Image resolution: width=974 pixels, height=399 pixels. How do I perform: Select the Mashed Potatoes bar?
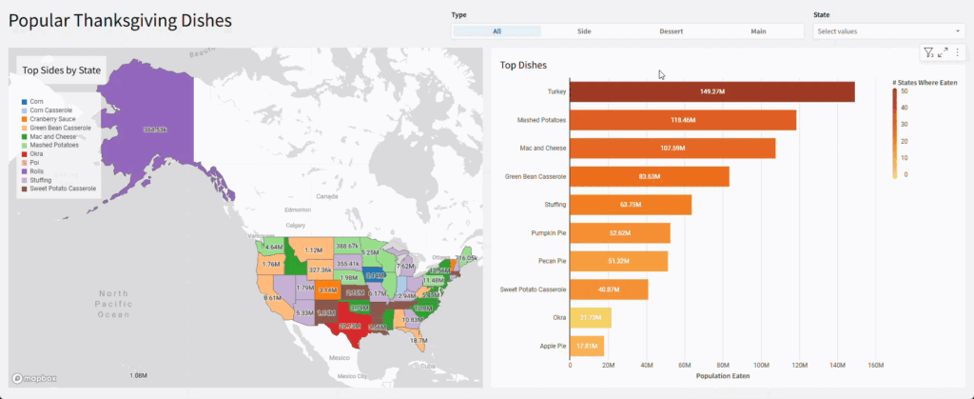point(682,120)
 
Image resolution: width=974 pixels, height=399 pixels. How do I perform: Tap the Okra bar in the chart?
point(590,318)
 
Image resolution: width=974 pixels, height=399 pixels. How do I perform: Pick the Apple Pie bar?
point(586,346)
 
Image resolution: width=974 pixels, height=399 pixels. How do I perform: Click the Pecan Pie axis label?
point(548,261)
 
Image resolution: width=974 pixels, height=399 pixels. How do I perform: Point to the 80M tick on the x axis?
point(723,365)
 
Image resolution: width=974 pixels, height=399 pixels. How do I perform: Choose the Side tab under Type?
point(584,31)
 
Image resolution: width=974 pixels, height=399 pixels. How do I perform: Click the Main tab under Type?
point(758,31)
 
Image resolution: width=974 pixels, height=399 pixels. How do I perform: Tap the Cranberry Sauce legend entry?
point(54,118)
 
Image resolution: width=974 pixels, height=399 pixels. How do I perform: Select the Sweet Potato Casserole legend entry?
point(63,189)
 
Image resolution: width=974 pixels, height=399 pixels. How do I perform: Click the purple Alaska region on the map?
point(143,129)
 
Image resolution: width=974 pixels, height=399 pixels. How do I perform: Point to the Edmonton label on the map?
point(299,209)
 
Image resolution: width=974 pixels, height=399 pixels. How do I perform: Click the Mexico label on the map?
point(340,357)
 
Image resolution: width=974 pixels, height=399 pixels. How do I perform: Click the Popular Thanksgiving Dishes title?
point(122,20)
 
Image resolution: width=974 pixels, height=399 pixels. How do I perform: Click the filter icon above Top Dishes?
point(928,52)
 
